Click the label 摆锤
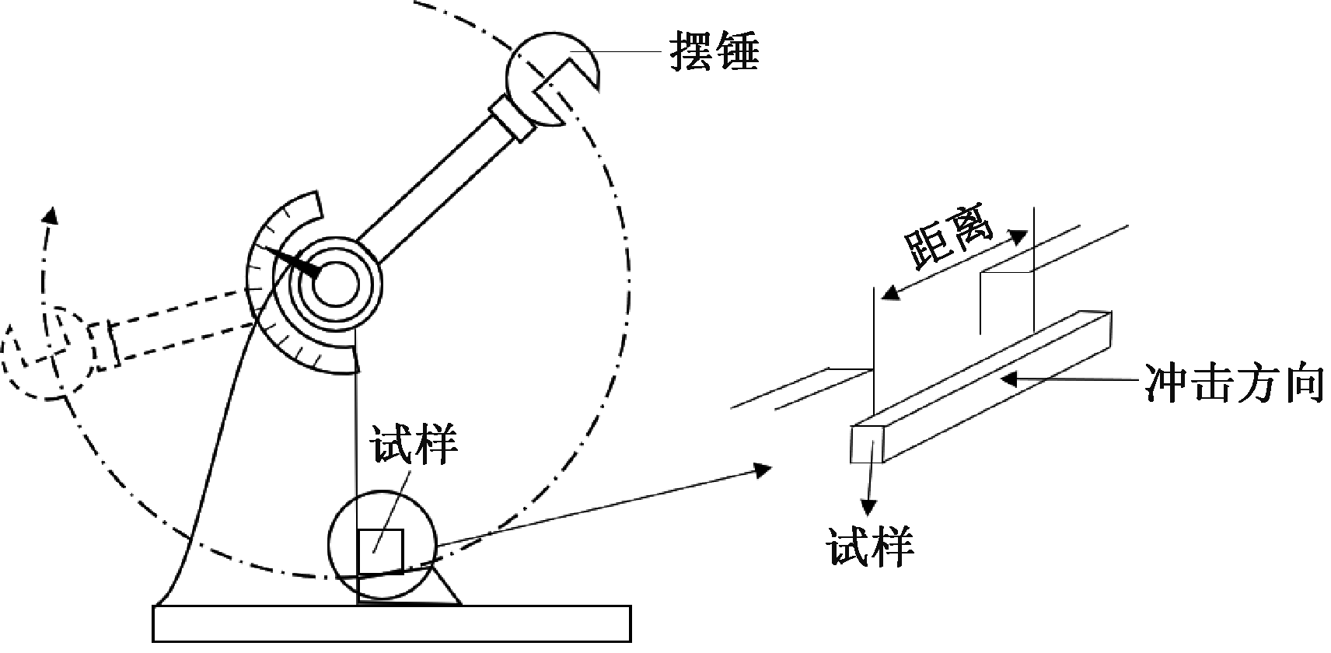tap(714, 52)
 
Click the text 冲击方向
tap(1235, 382)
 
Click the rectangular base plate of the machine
tap(391, 623)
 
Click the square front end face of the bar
tap(868, 444)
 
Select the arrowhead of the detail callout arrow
tap(763, 469)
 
